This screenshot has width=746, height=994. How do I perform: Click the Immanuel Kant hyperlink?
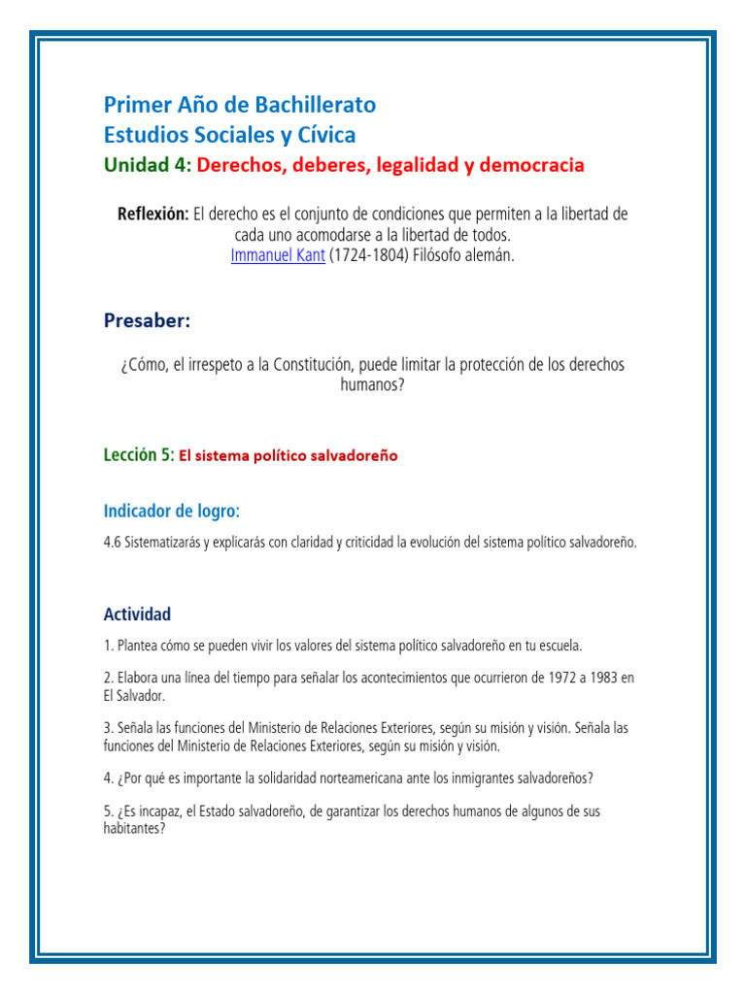[x=277, y=256]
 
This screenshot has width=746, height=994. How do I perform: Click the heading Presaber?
[x=147, y=320]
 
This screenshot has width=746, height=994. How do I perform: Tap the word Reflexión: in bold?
[x=153, y=214]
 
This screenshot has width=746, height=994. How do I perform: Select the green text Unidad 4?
[x=148, y=165]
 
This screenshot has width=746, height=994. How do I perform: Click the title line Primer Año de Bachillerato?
[x=239, y=105]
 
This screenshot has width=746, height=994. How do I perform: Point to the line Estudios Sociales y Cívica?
[x=229, y=134]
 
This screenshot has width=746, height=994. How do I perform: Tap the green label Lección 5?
[x=139, y=454]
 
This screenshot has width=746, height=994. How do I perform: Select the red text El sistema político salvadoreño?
[x=288, y=455]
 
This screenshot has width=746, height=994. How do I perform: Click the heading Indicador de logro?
[x=171, y=511]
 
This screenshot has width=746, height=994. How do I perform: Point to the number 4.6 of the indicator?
[x=113, y=543]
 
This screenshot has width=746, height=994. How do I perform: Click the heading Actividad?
[x=137, y=613]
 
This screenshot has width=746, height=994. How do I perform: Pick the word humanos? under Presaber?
[x=371, y=384]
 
